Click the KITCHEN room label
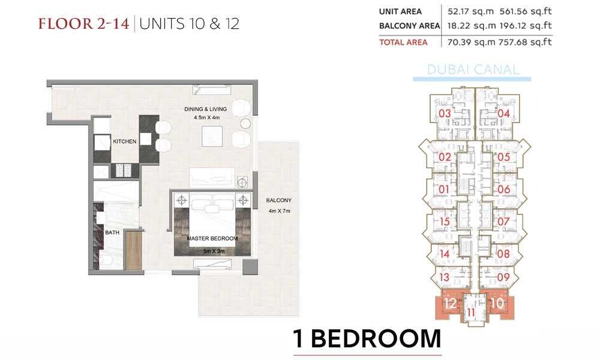tap(125, 142)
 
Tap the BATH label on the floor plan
tap(112, 232)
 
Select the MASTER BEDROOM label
tap(212, 238)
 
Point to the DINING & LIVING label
tap(205, 109)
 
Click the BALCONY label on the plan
tap(279, 200)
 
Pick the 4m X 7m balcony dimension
tap(280, 211)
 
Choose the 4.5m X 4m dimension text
tap(206, 118)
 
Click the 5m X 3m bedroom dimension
tap(214, 251)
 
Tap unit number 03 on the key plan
tap(445, 113)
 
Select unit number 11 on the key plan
tap(470, 313)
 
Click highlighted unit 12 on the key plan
tap(450, 304)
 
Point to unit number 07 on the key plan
tap(503, 221)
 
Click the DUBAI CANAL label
tap(473, 70)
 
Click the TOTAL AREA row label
tap(403, 42)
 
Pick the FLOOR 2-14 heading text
tap(84, 24)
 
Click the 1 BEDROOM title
tap(367, 338)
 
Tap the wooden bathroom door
tap(134, 250)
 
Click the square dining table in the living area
tap(212, 136)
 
